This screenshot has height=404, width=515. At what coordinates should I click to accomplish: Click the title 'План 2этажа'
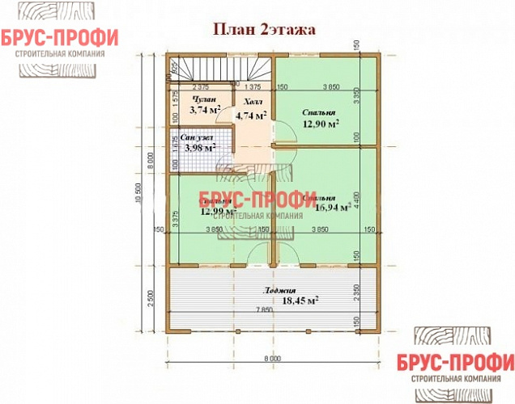[x=263, y=28]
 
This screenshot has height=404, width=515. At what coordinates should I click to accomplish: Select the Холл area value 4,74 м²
[x=251, y=116]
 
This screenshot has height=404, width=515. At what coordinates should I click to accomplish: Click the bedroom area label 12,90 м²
[x=321, y=124]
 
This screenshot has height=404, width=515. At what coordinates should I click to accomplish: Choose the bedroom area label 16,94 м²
[x=332, y=207]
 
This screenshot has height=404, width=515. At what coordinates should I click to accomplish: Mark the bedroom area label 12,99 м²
[x=218, y=212]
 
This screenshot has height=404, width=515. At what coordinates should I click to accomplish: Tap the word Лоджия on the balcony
[x=279, y=290]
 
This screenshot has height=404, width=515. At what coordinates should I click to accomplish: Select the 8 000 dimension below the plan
[x=273, y=357]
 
